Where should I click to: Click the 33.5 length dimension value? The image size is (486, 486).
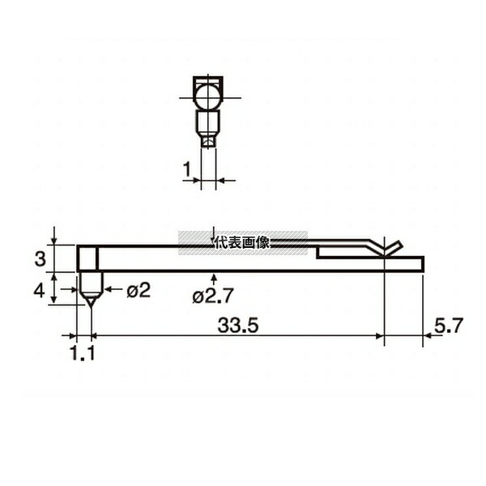tap(237, 326)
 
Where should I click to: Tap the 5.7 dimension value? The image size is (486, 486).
tap(449, 326)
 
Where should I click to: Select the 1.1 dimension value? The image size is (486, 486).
tap(83, 353)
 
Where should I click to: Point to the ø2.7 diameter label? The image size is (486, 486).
tap(212, 296)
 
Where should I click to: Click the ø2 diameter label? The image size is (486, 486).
tap(139, 291)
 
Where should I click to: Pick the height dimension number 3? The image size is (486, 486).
tap(40, 259)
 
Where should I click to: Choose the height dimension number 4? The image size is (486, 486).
tap(39, 291)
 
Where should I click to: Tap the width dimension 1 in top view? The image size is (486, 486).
tap(186, 169)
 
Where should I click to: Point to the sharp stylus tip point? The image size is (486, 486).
tap(91, 307)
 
